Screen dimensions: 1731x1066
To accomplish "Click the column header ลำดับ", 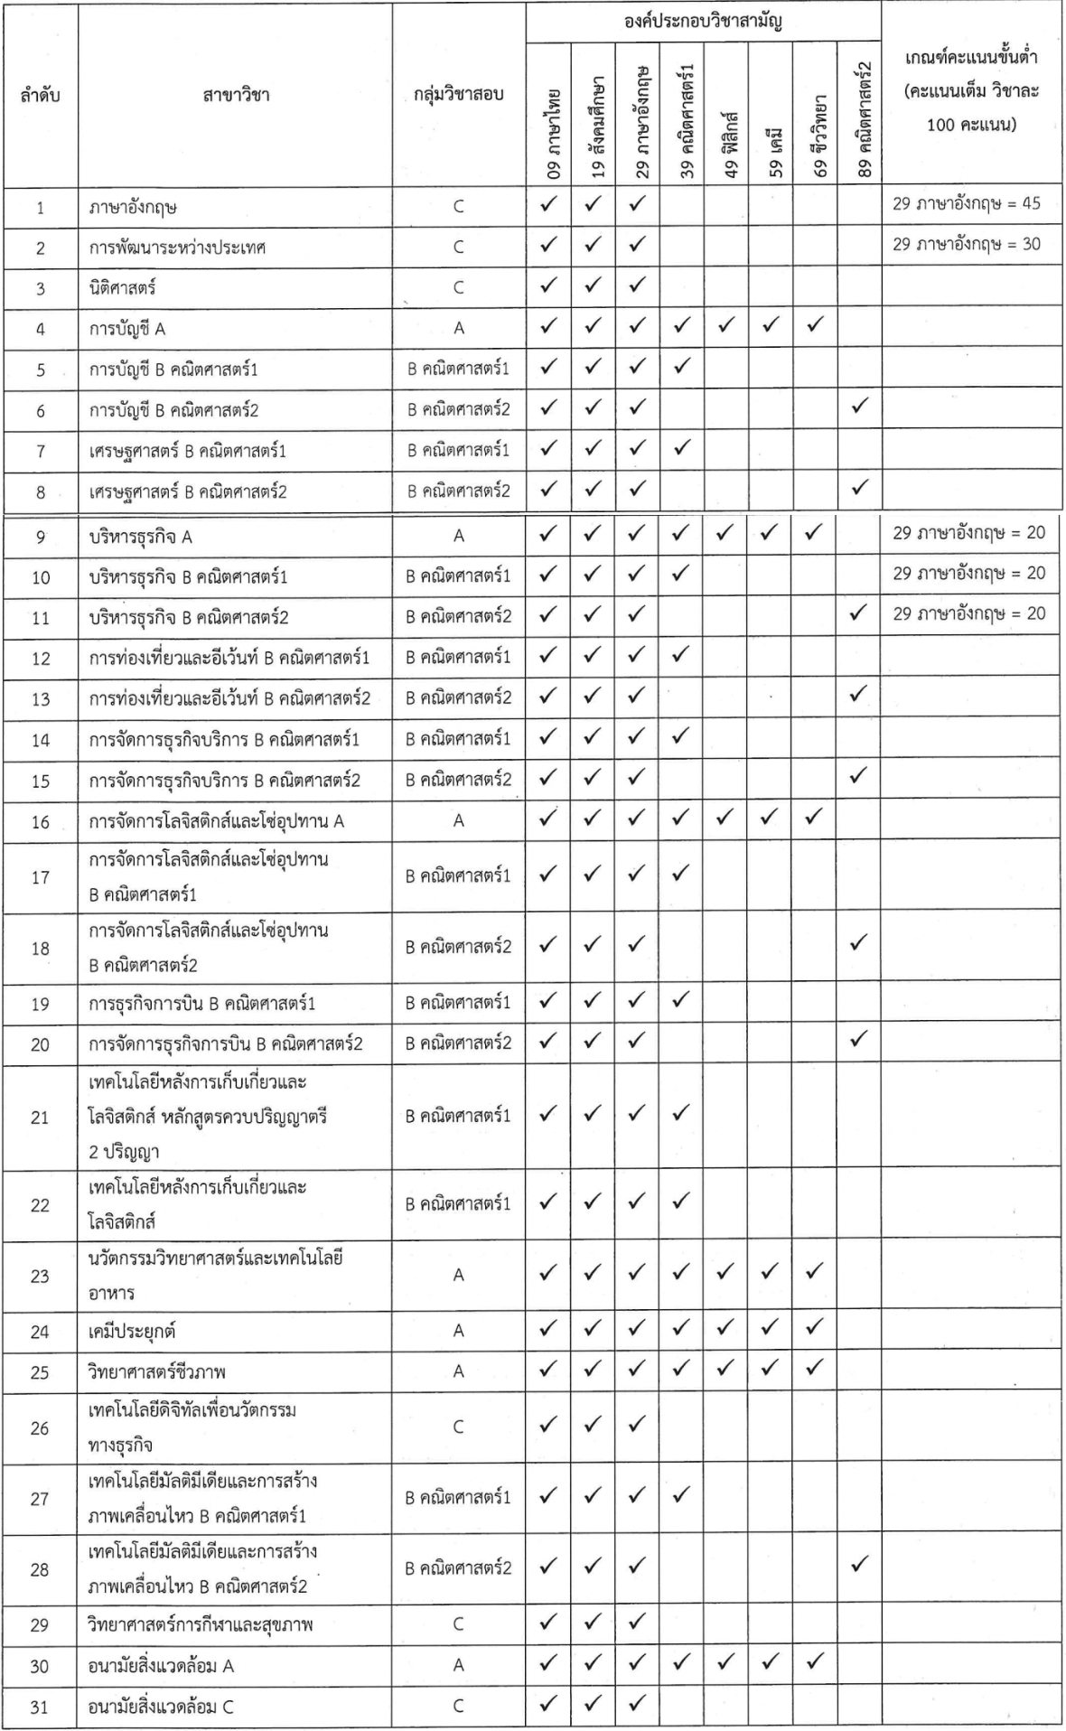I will pyautogui.click(x=40, y=95).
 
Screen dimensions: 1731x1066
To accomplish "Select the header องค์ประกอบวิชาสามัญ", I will pyautogui.click(x=704, y=21).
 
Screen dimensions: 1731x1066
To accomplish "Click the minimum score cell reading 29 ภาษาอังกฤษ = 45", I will pyautogui.click(x=968, y=204).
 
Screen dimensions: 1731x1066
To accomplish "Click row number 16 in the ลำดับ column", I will pyautogui.click(x=40, y=822).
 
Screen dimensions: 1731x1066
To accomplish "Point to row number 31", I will pyautogui.click(x=40, y=1707).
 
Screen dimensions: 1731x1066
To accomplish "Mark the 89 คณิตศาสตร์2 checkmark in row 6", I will pyautogui.click(x=859, y=408).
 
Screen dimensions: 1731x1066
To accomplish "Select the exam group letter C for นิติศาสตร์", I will pyautogui.click(x=458, y=288).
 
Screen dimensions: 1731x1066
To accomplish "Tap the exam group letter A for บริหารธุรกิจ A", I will pyautogui.click(x=458, y=537).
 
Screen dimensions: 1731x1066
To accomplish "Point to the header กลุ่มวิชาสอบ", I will pyautogui.click(x=458, y=95).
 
